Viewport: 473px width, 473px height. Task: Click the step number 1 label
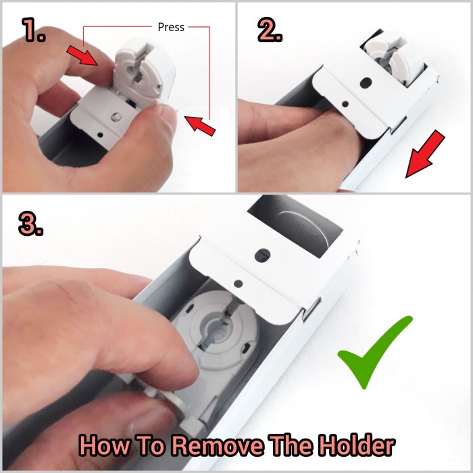coord(34,30)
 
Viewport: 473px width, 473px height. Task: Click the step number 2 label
coord(270,30)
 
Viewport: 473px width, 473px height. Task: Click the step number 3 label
coord(30,224)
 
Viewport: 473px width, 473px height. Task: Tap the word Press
coord(171,27)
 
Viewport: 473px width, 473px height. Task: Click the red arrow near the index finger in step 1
coord(82,55)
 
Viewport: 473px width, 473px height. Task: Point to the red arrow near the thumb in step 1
coord(200,126)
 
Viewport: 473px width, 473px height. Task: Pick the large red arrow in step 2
coord(425,154)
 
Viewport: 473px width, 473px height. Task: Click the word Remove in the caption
coord(217,445)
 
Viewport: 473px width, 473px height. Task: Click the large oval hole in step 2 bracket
coord(366,82)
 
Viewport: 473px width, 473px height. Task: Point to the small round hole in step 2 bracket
coord(345,104)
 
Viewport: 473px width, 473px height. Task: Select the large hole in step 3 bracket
coord(262,255)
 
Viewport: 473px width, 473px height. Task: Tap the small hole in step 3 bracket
coord(239,283)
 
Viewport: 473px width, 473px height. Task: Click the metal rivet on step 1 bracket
coord(116,117)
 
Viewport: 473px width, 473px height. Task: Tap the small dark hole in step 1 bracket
coord(101,135)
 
